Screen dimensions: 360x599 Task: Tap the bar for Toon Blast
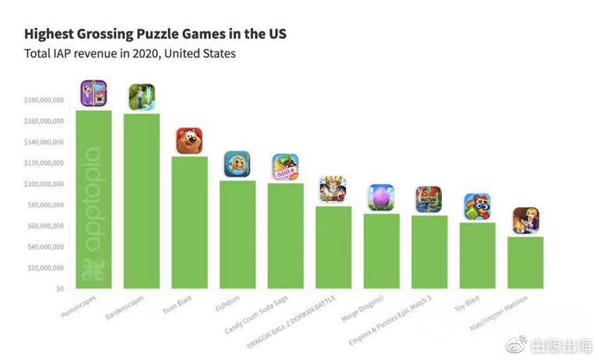190,223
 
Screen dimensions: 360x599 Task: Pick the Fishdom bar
237,234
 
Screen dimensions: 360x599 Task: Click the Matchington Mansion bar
526,262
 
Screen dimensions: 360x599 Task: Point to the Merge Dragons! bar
381,251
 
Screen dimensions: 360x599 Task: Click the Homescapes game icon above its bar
94,94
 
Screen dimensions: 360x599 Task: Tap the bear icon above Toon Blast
189,141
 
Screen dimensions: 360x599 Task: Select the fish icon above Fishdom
237,164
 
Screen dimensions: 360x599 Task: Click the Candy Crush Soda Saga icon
285,167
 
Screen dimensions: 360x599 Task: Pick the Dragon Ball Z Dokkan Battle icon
333,189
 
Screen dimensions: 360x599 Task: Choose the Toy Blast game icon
477,206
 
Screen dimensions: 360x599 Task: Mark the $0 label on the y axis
59,289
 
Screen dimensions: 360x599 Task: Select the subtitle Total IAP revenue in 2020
98,54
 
